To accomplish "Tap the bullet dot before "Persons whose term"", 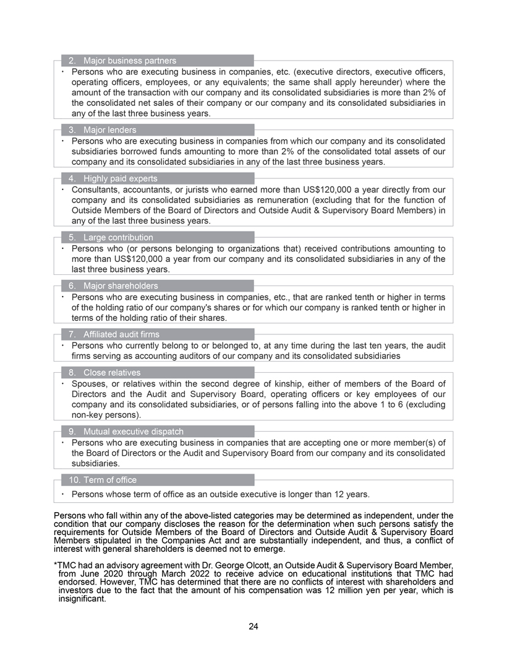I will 63,494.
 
